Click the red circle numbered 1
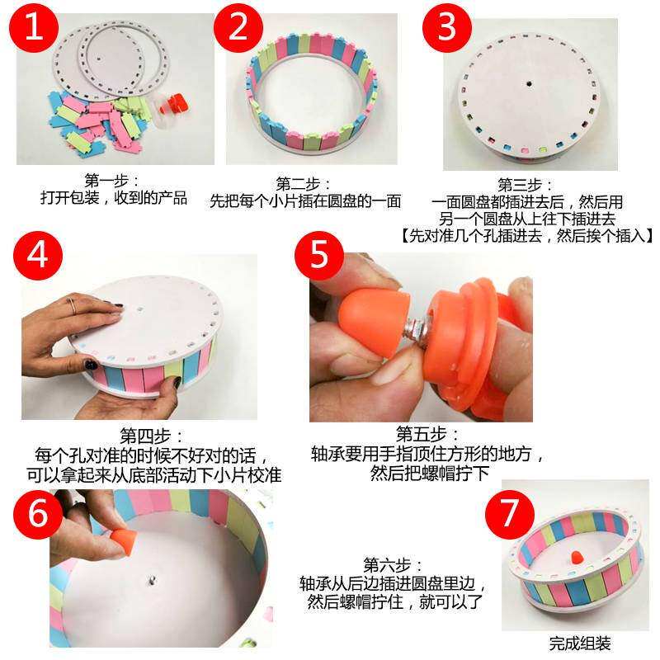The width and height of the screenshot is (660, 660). coord(34,28)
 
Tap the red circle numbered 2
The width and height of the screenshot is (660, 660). coord(238,28)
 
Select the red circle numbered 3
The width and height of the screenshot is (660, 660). coord(447,28)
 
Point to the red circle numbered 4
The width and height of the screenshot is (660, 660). coord(38,255)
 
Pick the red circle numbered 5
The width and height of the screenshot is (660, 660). coord(319,255)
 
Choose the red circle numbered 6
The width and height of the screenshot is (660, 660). coord(38,514)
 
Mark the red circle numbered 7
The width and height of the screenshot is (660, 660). coord(510,514)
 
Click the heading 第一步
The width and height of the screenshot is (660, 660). coord(111,181)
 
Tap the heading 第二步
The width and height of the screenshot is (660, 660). coord(303,184)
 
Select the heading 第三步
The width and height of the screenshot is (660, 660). coord(525,185)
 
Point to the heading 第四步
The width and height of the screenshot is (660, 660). coord(152,436)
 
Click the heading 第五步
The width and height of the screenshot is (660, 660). coord(427,434)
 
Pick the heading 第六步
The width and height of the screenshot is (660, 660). coord(393,565)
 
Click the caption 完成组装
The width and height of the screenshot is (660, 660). coord(580,643)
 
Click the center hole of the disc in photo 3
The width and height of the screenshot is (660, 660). coord(529,84)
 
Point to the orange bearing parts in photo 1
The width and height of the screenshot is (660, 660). coord(174,104)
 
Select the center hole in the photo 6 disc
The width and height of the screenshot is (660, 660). coord(152,581)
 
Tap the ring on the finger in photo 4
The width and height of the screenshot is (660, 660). coord(73,305)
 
